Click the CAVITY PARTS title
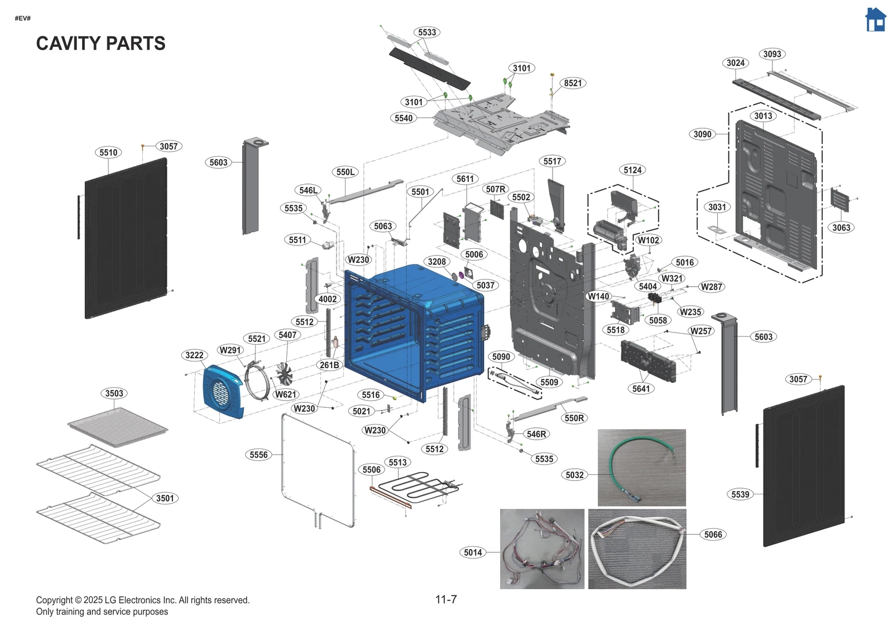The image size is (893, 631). click(100, 44)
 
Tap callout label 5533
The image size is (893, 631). click(427, 32)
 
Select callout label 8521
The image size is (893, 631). click(573, 83)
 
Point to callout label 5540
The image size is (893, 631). click(404, 118)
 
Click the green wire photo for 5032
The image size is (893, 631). click(641, 468)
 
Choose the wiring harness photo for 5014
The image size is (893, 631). click(542, 549)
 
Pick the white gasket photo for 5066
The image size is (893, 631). click(637, 549)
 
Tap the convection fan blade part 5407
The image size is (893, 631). click(284, 374)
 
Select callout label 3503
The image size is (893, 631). click(114, 393)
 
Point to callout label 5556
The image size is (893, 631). click(258, 455)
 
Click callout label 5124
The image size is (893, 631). click(632, 170)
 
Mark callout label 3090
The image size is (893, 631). click(702, 134)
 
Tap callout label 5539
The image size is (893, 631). click(740, 494)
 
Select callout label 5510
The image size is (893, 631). click(108, 152)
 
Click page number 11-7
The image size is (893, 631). click(446, 600)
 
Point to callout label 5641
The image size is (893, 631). click(641, 389)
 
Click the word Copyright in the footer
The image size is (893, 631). click(54, 600)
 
